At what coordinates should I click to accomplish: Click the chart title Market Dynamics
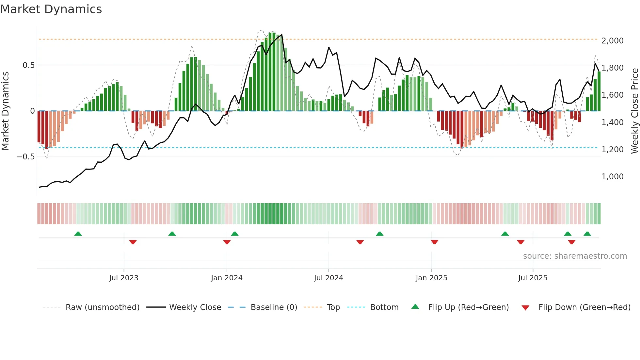(x=51, y=9)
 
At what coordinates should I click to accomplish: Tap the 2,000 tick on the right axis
(x=612, y=41)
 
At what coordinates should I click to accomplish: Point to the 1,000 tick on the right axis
(x=612, y=177)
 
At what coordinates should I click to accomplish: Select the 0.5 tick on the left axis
(x=28, y=65)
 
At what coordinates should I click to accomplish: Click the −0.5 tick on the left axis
(x=26, y=157)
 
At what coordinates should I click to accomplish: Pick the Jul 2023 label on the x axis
(x=124, y=278)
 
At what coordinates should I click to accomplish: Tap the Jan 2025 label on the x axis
(x=431, y=278)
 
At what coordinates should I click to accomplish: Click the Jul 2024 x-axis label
(x=328, y=278)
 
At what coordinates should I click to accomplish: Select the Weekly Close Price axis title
(x=634, y=111)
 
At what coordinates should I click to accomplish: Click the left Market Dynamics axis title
(x=5, y=111)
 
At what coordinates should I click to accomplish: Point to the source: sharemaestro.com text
(x=575, y=256)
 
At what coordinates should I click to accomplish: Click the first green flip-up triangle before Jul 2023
(x=78, y=234)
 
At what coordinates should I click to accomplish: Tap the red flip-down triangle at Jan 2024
(x=227, y=242)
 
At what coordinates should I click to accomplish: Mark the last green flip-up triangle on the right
(x=587, y=234)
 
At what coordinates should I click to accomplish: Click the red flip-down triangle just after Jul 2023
(x=133, y=242)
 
